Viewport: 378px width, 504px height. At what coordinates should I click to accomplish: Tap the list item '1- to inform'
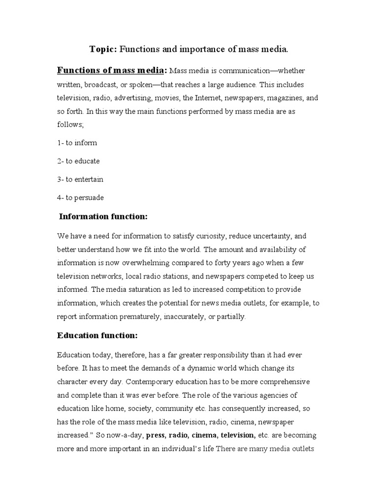click(77, 143)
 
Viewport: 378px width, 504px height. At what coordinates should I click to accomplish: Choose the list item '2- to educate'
click(79, 161)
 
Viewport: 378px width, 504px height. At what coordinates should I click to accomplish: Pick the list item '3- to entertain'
click(80, 179)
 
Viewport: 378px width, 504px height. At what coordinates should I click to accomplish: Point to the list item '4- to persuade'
click(80, 197)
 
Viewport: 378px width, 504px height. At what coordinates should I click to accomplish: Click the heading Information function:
click(103, 217)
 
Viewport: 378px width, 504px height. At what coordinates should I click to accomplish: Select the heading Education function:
click(97, 336)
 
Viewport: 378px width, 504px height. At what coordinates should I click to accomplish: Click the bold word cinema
click(204, 435)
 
